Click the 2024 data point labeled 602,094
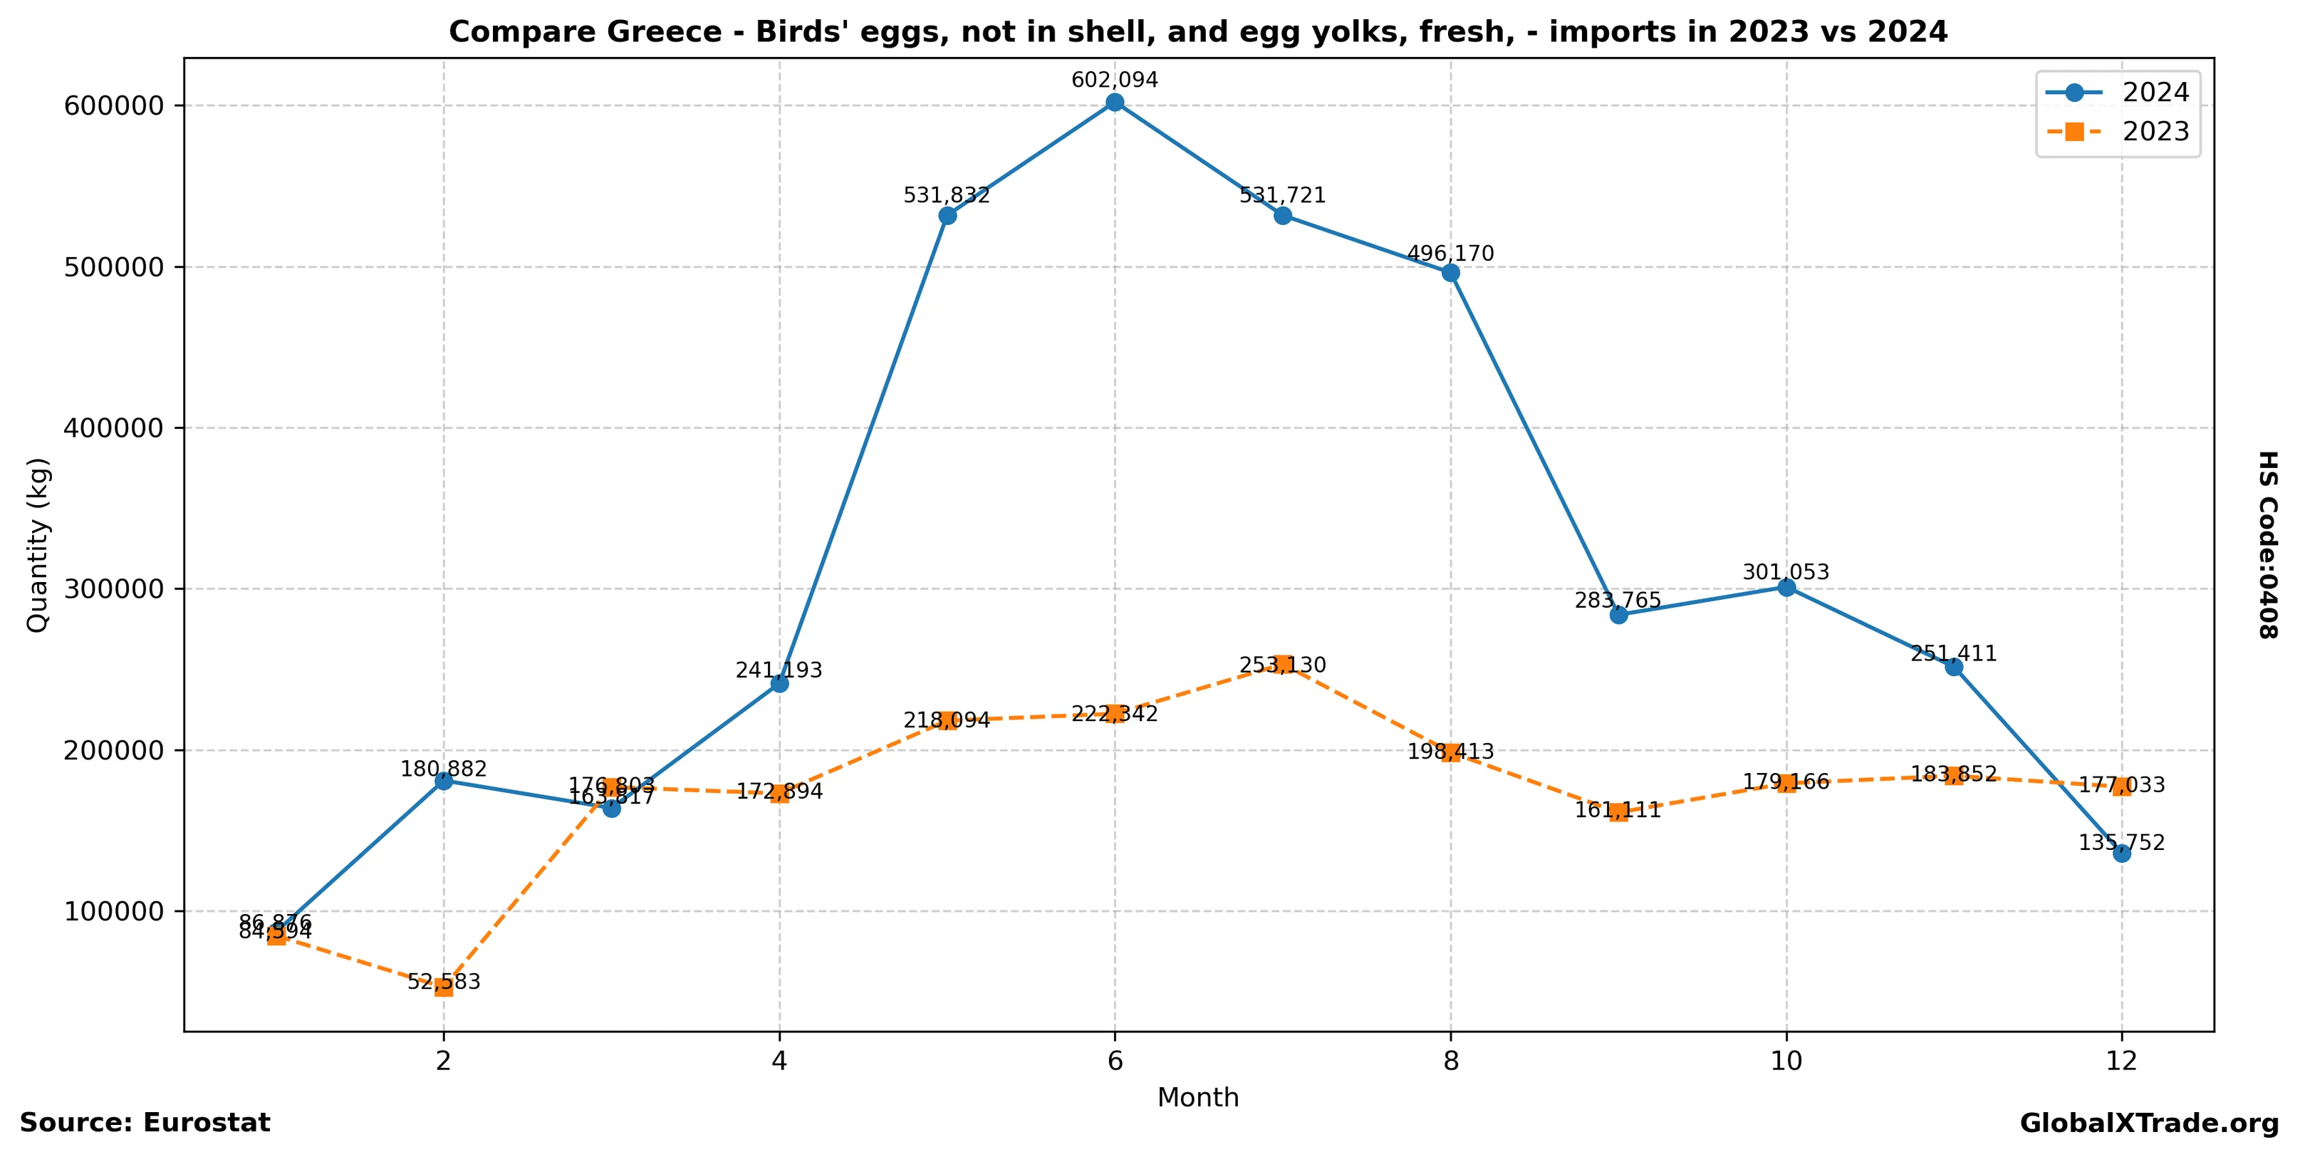coord(1114,103)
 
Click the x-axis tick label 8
coord(1451,1061)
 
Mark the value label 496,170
coord(1450,254)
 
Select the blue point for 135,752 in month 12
coord(2121,854)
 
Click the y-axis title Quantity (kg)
coord(38,544)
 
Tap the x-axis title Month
coord(1197,1097)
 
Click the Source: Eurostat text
coord(145,1123)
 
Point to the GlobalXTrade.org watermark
coord(2148,1124)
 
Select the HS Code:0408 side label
coord(2268,544)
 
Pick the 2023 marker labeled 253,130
coord(1283,664)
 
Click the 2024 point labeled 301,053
coord(1786,588)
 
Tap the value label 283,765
coord(1617,601)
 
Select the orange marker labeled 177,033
coord(2121,787)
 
